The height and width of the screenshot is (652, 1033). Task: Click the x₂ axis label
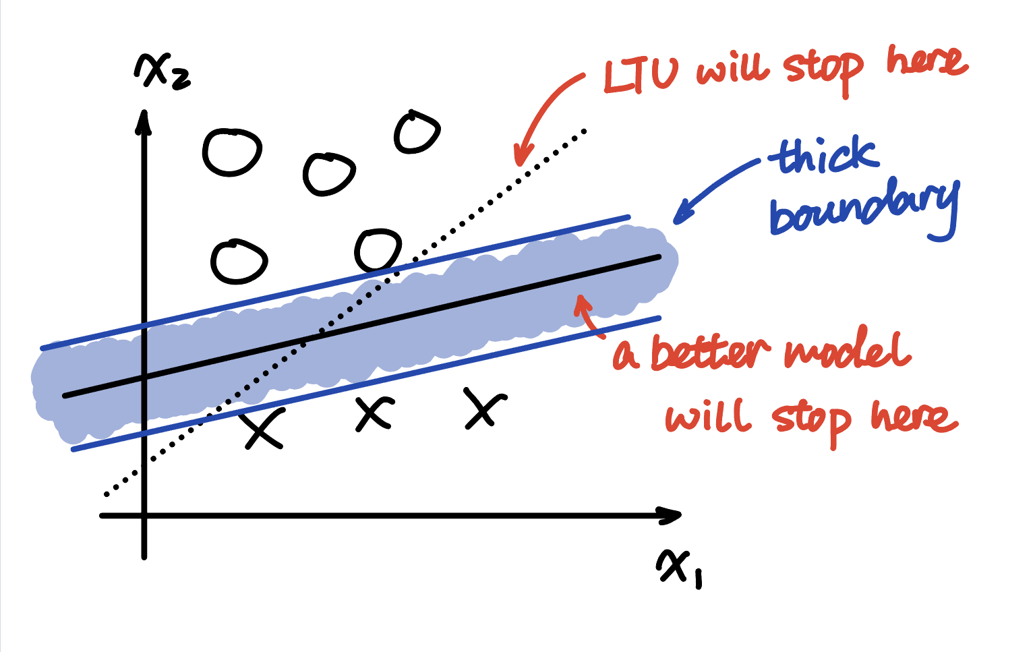(161, 72)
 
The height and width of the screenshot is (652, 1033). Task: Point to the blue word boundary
(864, 210)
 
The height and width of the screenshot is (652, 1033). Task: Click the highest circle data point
(417, 132)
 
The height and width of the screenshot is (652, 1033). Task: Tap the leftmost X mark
(263, 429)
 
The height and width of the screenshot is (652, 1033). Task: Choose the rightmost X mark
(485, 409)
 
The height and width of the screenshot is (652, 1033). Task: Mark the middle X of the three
(374, 414)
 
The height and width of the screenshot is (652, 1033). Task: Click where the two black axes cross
(145, 516)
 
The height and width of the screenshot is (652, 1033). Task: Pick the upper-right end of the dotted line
(585, 131)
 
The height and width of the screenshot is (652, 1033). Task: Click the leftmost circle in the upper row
(232, 152)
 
